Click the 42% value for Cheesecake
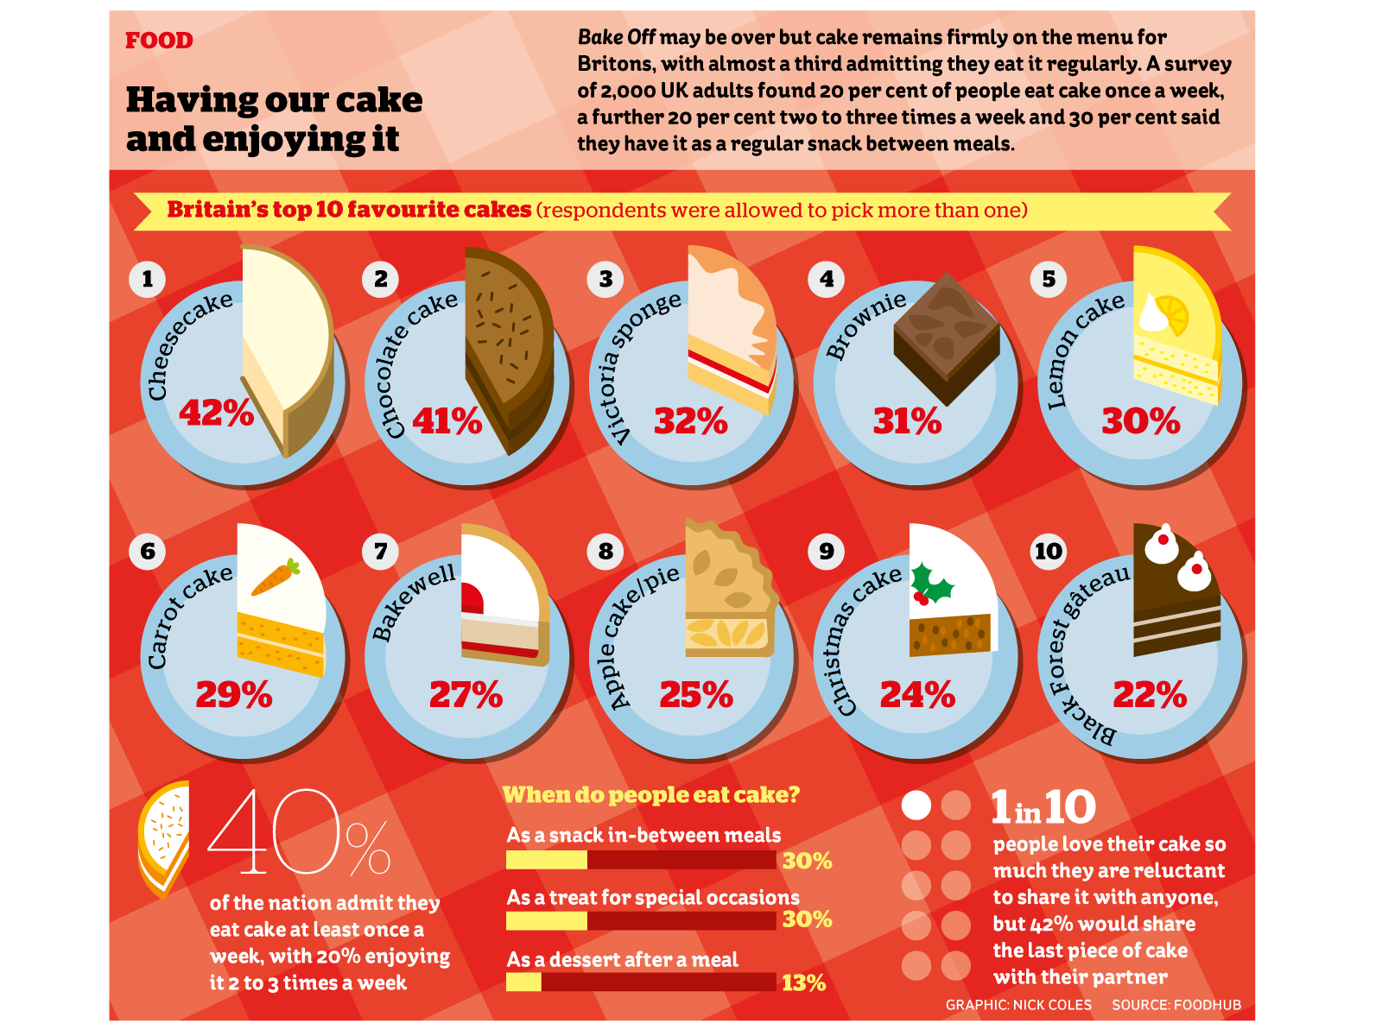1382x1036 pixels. point(216,413)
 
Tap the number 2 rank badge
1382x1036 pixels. point(381,279)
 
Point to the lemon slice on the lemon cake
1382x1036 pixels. point(1172,314)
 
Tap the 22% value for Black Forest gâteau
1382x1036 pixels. point(1150,694)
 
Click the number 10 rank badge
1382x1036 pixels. point(1049,551)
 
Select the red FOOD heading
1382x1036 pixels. point(159,41)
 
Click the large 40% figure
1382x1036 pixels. point(298,833)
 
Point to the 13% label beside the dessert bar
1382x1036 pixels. point(803,982)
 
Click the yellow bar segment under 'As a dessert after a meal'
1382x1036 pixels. point(523,982)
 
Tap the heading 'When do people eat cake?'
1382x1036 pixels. point(651,794)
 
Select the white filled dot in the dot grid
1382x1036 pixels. point(916,805)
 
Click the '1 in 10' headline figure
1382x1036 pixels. point(1043,808)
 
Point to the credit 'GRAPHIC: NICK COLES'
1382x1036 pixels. point(1018,1005)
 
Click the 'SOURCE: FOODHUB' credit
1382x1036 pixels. point(1176,1005)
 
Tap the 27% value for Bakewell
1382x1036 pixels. point(466,694)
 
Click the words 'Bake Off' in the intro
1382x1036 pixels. point(616,37)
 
